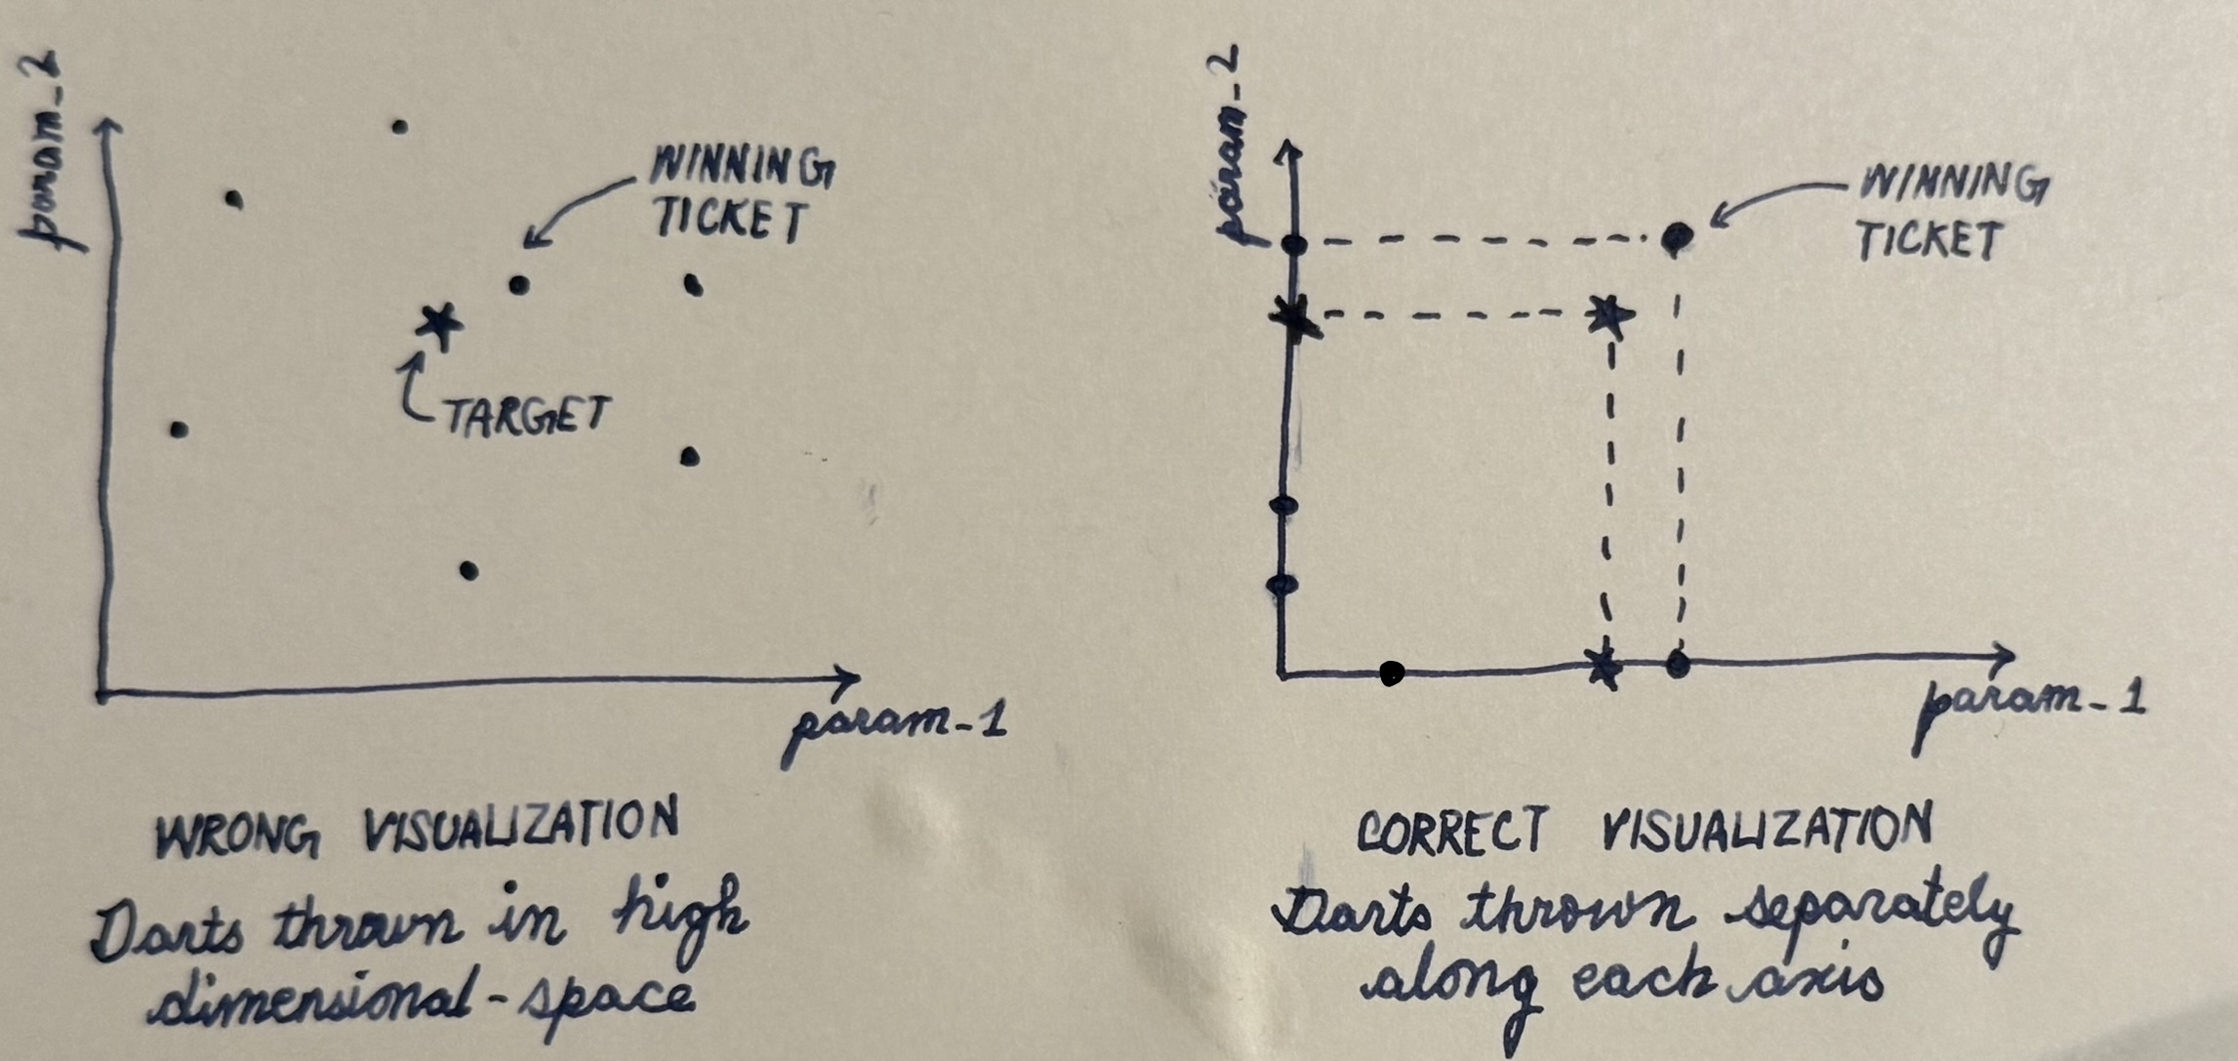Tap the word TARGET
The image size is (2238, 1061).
pyautogui.click(x=527, y=416)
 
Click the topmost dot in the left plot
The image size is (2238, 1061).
pyautogui.click(x=399, y=127)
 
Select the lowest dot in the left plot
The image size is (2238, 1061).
pyautogui.click(x=468, y=570)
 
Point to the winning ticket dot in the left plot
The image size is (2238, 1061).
pyautogui.click(x=519, y=285)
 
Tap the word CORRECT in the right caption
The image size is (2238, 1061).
pyautogui.click(x=1451, y=832)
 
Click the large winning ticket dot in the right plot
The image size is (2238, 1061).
pyautogui.click(x=1677, y=238)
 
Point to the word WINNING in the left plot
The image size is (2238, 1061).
pyautogui.click(x=743, y=168)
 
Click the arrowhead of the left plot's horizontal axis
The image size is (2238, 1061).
pyautogui.click(x=847, y=676)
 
